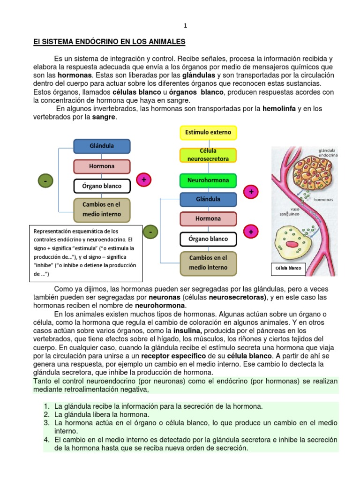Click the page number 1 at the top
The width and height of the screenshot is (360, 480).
[x=184, y=25]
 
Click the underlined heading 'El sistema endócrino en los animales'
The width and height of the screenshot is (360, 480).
[x=110, y=42]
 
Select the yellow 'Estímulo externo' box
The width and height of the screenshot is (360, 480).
[x=209, y=133]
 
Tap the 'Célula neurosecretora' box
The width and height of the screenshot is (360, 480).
[x=209, y=155]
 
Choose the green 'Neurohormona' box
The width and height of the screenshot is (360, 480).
[x=209, y=180]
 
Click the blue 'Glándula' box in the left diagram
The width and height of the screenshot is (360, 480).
[x=102, y=146]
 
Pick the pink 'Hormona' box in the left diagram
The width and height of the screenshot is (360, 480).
[x=102, y=166]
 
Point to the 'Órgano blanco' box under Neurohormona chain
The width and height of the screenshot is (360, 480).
[x=209, y=239]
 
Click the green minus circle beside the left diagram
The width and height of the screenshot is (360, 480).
[x=45, y=180]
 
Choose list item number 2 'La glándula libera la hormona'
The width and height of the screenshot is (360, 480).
[x=102, y=414]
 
